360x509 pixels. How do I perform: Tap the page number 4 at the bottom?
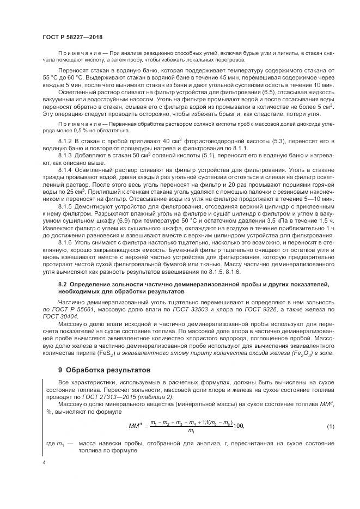click(44, 462)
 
